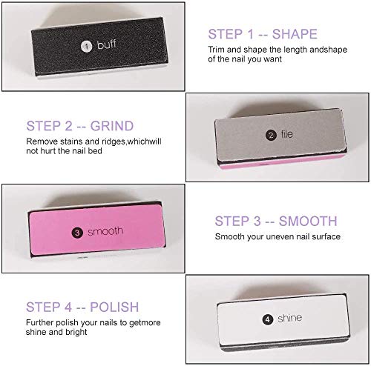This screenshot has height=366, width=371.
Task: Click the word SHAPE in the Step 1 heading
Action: tap(295, 34)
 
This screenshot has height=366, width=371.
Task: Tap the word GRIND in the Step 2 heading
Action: tap(112, 126)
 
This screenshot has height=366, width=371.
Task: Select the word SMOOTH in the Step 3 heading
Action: tap(308, 221)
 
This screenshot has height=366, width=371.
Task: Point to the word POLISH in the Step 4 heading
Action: tap(114, 307)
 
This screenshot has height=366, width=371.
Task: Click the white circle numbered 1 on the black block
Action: tap(86, 46)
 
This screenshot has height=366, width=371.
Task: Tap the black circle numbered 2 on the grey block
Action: tap(271, 135)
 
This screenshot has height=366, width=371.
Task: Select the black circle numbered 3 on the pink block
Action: tap(77, 233)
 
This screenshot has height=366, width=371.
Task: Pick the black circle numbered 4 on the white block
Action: tap(268, 319)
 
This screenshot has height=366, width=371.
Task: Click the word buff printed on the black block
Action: tap(107, 44)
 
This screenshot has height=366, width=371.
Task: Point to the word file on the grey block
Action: tap(287, 134)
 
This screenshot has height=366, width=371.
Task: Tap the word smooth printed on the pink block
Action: tap(105, 231)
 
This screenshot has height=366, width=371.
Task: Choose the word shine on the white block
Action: tap(289, 318)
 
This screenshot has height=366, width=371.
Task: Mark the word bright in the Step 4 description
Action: tap(77, 332)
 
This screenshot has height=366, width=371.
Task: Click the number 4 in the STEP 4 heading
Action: tap(68, 307)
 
